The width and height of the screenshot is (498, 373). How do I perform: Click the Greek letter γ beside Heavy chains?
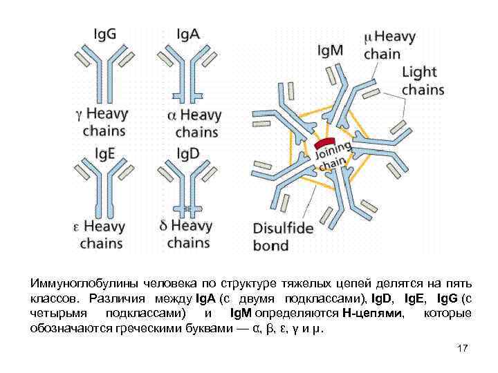pos(78,113)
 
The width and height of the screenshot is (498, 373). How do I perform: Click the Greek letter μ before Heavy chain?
pos(369,36)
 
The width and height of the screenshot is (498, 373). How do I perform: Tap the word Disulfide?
pos(283,229)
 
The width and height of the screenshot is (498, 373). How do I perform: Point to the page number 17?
pos(463,348)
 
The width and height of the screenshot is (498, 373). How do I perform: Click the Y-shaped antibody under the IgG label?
pos(103,69)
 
